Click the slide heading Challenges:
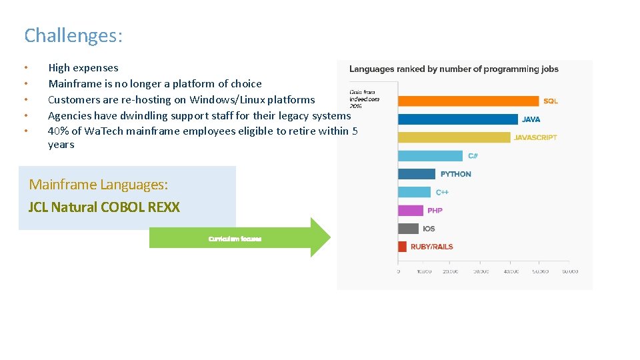click(x=73, y=35)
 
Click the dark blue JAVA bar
click(x=457, y=119)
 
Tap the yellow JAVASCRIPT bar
click(x=454, y=137)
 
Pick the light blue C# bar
click(x=430, y=156)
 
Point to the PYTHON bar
click(x=417, y=174)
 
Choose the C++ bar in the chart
click(x=415, y=192)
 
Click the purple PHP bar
click(x=411, y=211)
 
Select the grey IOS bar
click(x=408, y=229)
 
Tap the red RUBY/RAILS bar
click(x=402, y=247)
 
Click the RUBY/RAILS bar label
click(x=431, y=247)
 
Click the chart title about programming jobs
click(x=454, y=69)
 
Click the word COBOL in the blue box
click(x=123, y=207)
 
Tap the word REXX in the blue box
click(x=164, y=207)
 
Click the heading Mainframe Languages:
click(x=99, y=185)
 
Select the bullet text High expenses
click(x=83, y=67)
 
